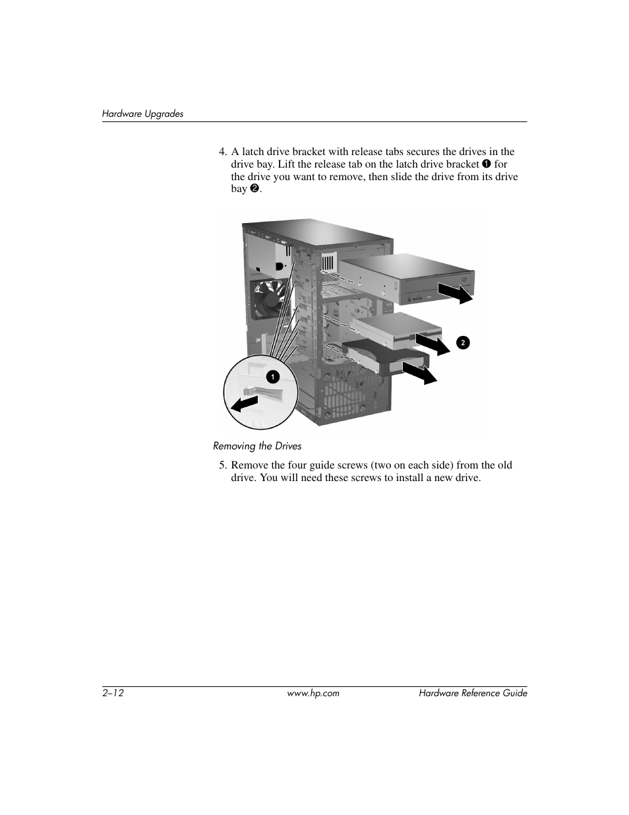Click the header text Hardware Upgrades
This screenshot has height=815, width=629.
[142, 114]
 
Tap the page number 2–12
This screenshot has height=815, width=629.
[113, 693]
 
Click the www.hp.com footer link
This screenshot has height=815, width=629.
[314, 693]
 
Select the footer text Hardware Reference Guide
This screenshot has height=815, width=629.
[473, 693]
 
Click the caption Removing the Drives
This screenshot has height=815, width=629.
[257, 446]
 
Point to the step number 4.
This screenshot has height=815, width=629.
[223, 152]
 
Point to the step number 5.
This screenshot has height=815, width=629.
[223, 465]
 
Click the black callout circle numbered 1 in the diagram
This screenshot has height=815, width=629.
[272, 377]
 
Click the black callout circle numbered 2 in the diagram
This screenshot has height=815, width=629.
[463, 342]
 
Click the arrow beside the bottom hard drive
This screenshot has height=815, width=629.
[420, 374]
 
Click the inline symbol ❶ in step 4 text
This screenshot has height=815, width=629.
[486, 164]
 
